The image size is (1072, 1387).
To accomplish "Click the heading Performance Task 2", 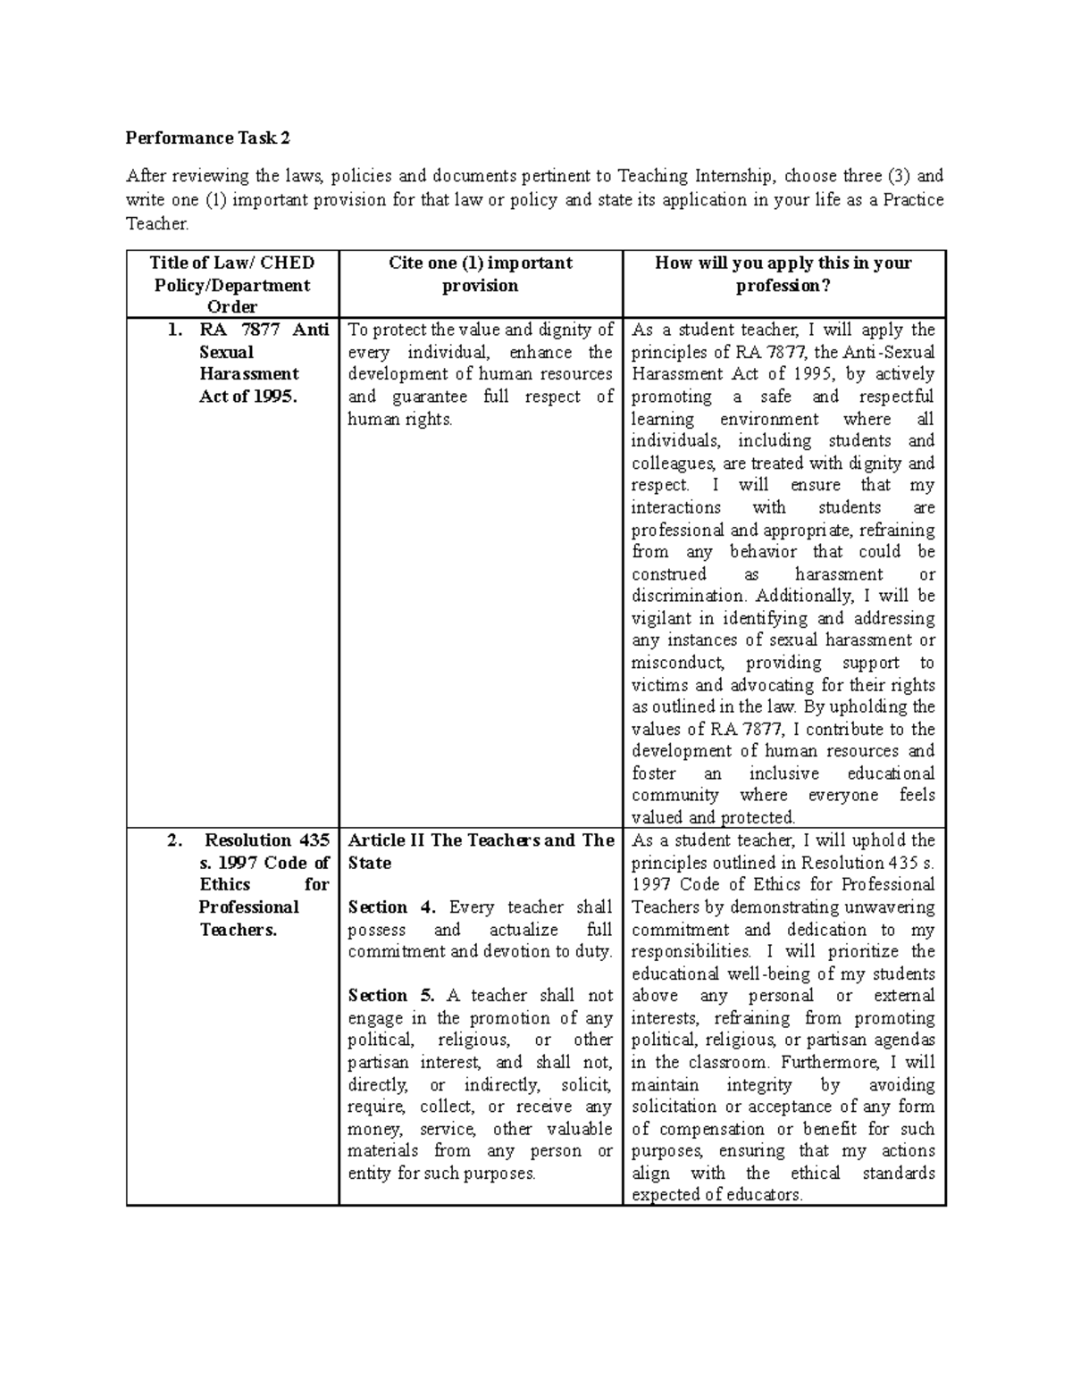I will (x=208, y=138).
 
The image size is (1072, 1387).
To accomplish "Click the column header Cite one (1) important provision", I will (x=481, y=274).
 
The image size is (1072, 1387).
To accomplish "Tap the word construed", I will (x=669, y=574).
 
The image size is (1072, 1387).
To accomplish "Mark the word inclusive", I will (x=783, y=773).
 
